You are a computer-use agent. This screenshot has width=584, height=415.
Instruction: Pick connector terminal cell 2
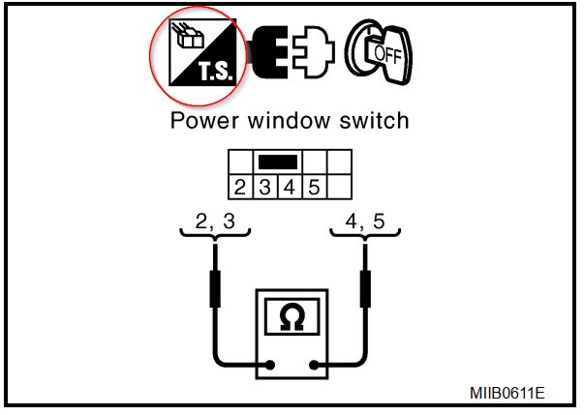tap(239, 185)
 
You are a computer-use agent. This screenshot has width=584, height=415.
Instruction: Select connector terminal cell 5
tap(313, 185)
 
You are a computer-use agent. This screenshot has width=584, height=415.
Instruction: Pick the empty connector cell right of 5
tap(339, 185)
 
